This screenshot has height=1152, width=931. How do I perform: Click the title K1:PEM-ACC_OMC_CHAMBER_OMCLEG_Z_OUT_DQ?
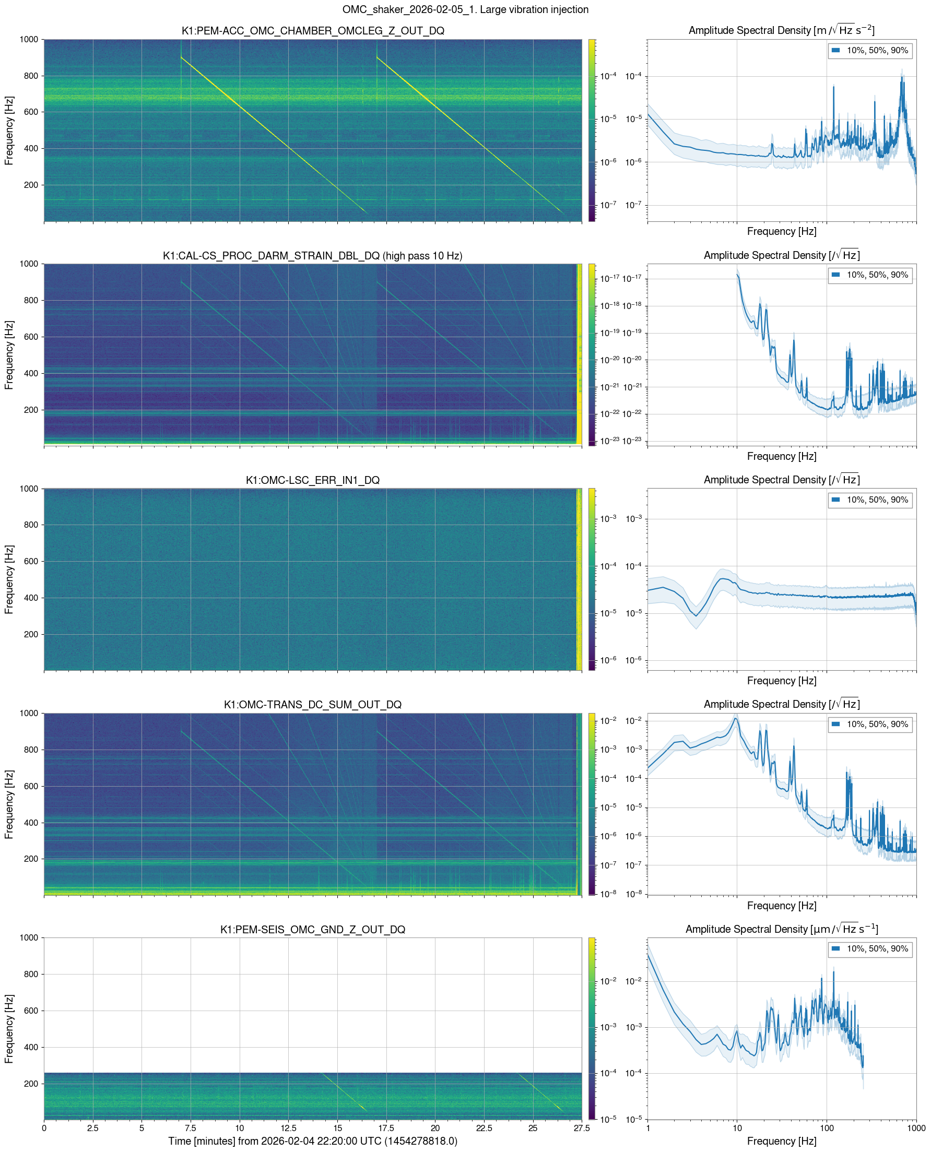313,31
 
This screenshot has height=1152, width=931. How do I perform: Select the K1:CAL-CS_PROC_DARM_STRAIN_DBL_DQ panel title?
313,256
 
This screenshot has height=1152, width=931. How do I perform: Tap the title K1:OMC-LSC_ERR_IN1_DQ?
313,480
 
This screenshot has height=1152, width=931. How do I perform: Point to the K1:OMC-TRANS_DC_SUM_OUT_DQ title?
313,704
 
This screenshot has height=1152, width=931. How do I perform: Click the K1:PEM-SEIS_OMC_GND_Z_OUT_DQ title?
313,929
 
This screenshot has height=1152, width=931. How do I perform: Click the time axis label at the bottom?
313,1141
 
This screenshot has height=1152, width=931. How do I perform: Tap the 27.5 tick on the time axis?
581,1128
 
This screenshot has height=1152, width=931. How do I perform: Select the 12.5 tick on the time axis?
288,1128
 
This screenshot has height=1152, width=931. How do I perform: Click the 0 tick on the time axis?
44,1128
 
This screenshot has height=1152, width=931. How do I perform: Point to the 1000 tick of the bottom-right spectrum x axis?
915,1128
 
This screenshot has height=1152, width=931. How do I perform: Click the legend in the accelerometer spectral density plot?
870,51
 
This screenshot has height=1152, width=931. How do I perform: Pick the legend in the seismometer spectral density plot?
870,948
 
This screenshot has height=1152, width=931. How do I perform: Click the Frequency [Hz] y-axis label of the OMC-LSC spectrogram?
8,579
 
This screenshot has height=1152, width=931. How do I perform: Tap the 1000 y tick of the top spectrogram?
29,39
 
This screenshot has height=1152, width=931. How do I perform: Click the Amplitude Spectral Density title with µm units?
781,929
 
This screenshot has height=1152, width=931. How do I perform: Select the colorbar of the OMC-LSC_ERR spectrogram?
592,579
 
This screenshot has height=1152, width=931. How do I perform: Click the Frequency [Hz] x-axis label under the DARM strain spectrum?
781,456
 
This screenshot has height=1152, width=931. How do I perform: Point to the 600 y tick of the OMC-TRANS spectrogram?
31,786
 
